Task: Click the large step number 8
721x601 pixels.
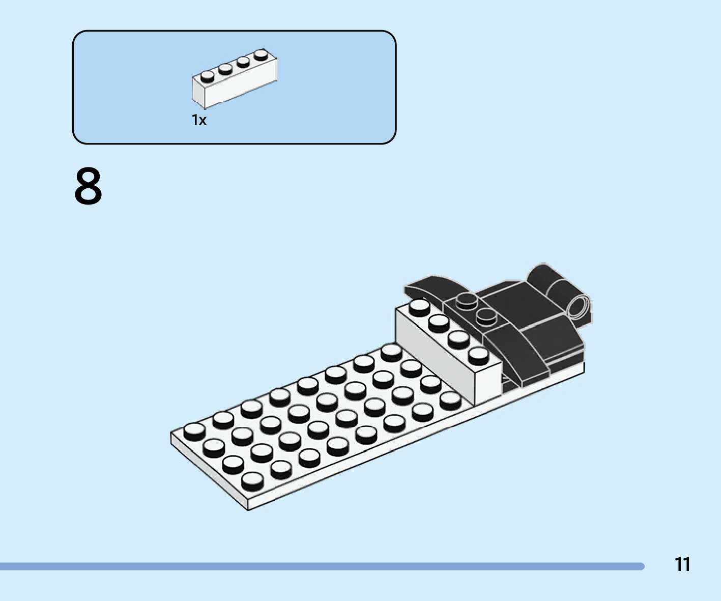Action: pos(88,187)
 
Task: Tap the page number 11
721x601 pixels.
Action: pos(682,564)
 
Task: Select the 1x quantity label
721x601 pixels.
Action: pos(199,120)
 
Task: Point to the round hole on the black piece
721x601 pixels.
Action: pos(578,307)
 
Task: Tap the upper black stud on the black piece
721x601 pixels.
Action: pos(466,301)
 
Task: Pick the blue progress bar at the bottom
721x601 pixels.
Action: pos(321,566)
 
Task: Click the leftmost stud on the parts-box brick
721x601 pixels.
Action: pos(207,76)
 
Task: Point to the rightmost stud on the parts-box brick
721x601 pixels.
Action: pos(261,54)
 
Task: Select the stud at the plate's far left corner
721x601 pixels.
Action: pos(194,431)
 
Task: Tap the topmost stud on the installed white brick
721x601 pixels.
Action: pos(419,306)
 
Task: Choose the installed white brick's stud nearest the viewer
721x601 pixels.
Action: pos(478,355)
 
